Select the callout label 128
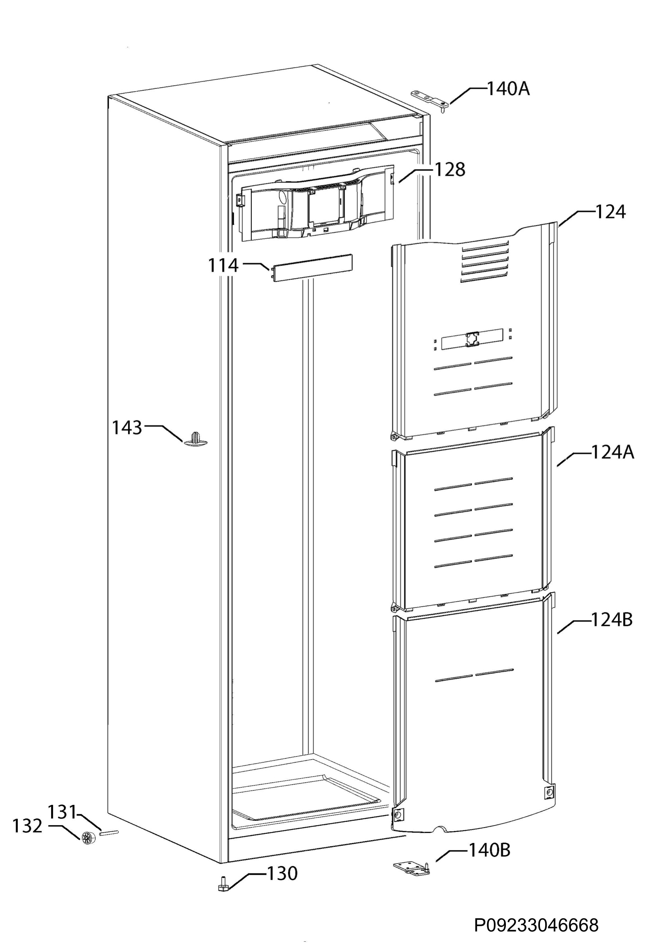449,170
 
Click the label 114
223,265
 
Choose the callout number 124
610,212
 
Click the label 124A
613,453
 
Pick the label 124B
612,620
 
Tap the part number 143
127,428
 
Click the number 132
27,826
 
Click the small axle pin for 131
109,832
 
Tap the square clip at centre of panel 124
472,338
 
